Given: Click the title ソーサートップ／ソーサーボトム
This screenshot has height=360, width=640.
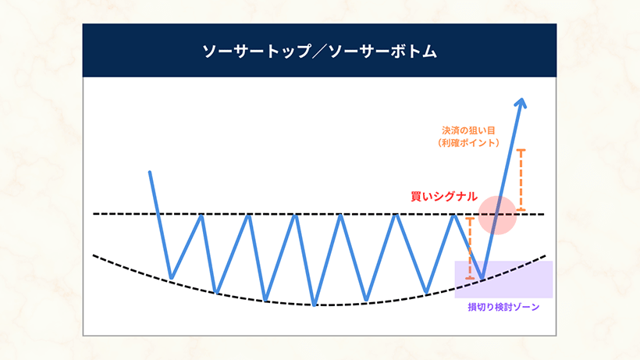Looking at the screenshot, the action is click(319, 52).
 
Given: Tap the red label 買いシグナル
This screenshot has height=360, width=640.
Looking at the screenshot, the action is click(444, 196).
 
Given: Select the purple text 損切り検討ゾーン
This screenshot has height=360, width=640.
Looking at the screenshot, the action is click(503, 307).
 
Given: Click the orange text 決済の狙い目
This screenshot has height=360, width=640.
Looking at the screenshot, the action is click(468, 130).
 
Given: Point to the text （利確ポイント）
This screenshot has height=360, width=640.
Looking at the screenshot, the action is click(468, 143).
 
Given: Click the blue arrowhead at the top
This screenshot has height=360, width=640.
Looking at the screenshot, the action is click(521, 103).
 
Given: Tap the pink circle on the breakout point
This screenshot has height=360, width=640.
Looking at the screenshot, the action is click(497, 215).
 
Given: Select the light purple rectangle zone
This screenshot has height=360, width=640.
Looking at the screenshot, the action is click(503, 280).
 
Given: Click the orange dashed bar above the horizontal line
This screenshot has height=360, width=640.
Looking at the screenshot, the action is click(521, 180).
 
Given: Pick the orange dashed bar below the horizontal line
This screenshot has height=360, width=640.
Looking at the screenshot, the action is click(470, 248).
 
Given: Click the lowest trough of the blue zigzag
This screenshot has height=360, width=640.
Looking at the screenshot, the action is click(314, 305).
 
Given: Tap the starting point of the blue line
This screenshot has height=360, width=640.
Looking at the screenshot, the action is click(150, 173).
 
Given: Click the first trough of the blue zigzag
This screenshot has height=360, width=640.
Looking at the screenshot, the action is click(172, 278).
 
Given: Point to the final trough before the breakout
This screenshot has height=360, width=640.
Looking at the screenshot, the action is click(482, 278).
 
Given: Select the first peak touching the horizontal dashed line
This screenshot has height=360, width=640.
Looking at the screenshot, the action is click(201, 216).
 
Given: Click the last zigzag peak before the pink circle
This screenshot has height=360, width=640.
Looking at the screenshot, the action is click(454, 216).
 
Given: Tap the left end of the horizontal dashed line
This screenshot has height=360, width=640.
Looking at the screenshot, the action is click(94, 214).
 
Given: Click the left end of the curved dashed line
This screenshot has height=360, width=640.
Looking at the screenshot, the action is click(94, 255).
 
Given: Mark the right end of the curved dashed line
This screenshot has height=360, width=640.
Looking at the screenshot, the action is click(545, 256).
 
